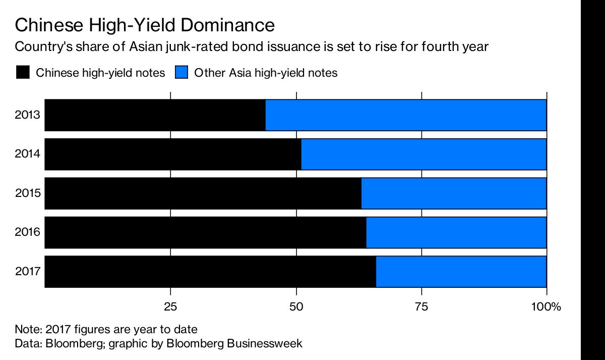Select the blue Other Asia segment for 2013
click(406, 115)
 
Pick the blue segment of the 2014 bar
click(423, 154)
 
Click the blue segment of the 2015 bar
click(454, 193)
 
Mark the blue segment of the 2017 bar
click(461, 272)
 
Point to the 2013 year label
click(28, 115)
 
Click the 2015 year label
click(28, 193)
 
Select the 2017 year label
click(28, 272)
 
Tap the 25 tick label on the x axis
click(171, 306)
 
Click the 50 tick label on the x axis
click(296, 306)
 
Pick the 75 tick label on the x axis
click(421, 306)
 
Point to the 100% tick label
click(546, 306)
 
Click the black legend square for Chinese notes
click(23, 73)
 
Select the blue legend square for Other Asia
click(181, 73)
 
